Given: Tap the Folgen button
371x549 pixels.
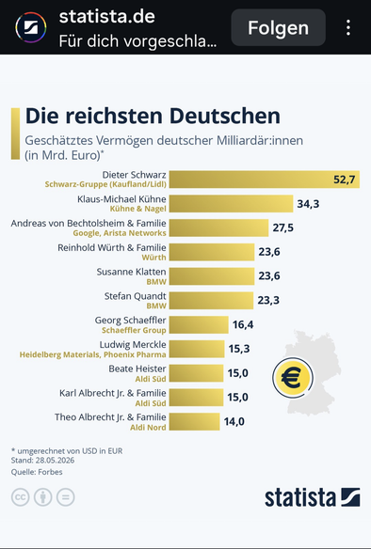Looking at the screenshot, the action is (279, 27).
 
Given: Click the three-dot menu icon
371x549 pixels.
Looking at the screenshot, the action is (348, 27).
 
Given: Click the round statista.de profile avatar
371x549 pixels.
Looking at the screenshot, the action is (31, 27).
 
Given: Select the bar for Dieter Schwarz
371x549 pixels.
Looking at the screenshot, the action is (265, 180).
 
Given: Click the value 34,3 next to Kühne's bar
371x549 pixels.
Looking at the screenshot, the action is (308, 204).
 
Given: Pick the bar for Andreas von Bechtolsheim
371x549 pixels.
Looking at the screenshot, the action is (218, 227).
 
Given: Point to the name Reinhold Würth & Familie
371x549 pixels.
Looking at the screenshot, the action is (112, 247).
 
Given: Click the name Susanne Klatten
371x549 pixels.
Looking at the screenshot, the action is (132, 272).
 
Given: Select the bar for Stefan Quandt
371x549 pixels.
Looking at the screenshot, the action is (211, 301).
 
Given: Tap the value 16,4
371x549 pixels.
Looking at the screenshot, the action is (243, 324).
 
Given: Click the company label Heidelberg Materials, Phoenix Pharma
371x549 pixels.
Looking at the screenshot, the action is (92, 354).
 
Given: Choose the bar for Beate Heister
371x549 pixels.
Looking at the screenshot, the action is (197, 373).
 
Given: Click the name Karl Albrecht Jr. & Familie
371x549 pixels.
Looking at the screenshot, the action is (113, 393).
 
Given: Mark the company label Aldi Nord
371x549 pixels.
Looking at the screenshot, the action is (148, 428).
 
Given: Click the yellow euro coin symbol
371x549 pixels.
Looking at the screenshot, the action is (293, 378).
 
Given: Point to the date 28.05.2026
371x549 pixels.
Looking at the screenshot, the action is (55, 460).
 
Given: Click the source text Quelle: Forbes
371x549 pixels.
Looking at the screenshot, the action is (37, 472).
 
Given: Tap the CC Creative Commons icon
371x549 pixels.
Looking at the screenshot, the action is (21, 497).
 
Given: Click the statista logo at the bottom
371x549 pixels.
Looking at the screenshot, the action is (312, 497).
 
